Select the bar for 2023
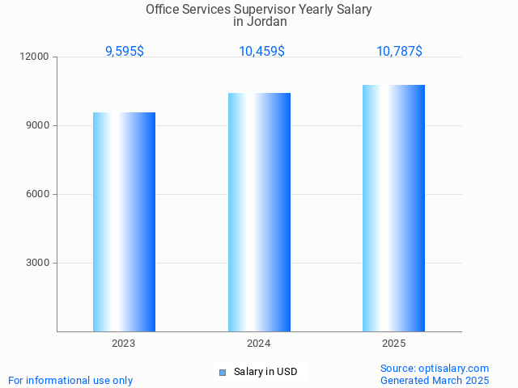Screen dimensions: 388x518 (x=124, y=221)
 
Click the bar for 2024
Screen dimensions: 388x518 (x=259, y=212)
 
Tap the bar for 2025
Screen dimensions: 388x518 (x=393, y=208)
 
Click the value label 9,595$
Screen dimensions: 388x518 (x=125, y=51)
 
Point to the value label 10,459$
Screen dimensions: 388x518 (x=261, y=51)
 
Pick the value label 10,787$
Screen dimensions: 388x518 (x=399, y=51)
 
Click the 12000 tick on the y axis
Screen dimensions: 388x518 (x=36, y=57)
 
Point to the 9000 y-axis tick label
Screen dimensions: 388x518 (x=38, y=126)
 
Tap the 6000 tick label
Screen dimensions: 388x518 (x=38, y=195)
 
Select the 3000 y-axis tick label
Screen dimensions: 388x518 (x=38, y=264)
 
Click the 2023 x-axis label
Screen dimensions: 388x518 (x=124, y=344)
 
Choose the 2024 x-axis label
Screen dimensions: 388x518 (x=259, y=344)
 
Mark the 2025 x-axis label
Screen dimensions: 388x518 (x=393, y=344)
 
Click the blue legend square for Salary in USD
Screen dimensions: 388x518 (x=223, y=372)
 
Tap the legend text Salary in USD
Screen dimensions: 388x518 (x=265, y=372)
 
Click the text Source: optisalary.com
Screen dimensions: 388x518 (x=435, y=368)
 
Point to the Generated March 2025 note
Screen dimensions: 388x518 (x=435, y=380)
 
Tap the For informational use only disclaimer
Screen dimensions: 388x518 (x=70, y=380)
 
